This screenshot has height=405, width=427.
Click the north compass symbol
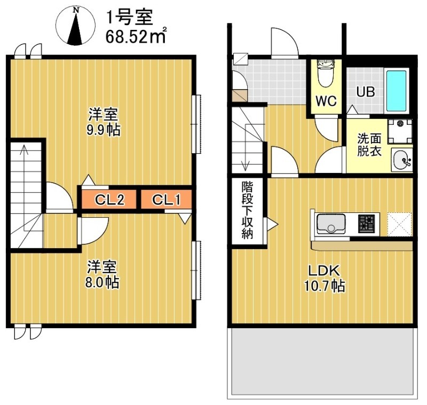(75, 26)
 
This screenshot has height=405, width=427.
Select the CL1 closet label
(167, 200)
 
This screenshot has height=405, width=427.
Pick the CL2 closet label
(109, 200)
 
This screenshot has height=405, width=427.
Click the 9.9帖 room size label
(104, 130)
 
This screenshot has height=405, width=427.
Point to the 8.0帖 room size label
(102, 282)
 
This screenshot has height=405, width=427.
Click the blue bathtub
(396, 91)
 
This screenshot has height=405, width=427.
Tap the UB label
(366, 92)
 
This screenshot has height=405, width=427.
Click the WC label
(326, 101)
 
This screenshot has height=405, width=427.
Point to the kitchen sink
(331, 224)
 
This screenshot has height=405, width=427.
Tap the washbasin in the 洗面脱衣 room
(402, 160)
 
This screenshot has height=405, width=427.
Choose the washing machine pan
(400, 132)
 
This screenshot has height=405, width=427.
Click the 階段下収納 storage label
(247, 210)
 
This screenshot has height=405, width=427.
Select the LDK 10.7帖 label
(324, 279)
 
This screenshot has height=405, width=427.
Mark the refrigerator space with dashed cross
(399, 224)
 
